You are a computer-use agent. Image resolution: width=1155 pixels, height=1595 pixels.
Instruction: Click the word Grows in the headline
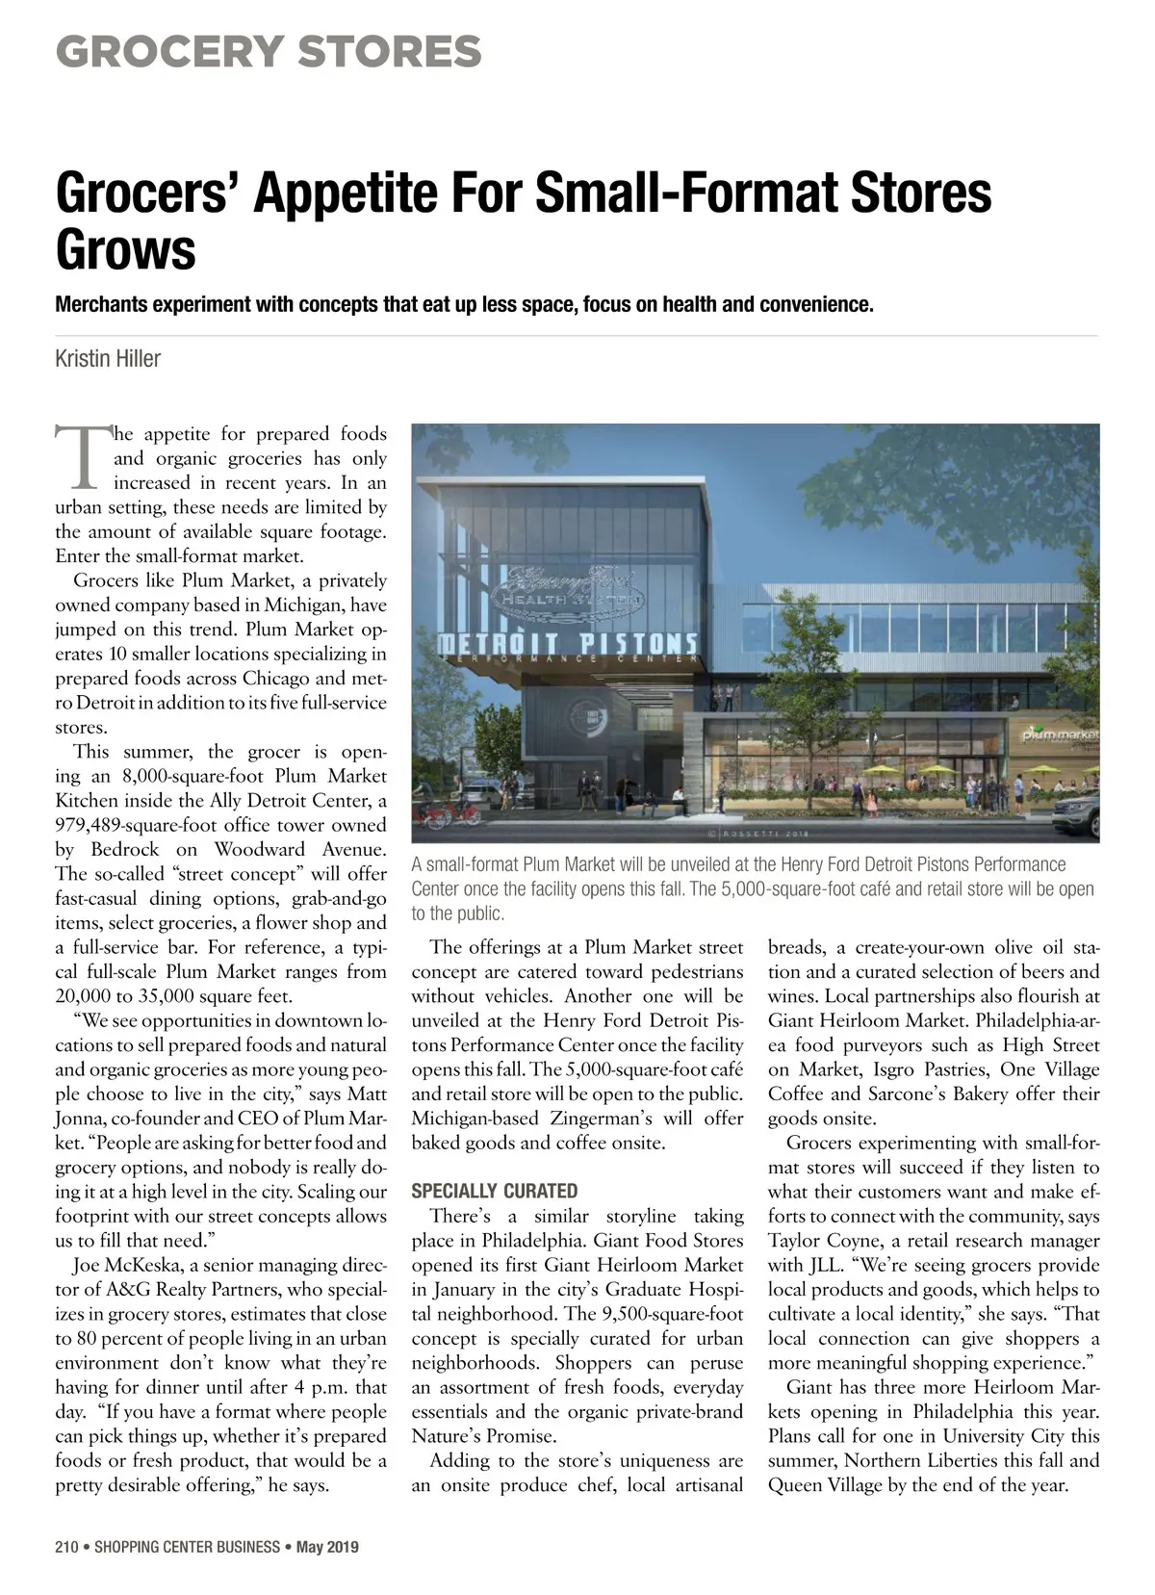point(126,249)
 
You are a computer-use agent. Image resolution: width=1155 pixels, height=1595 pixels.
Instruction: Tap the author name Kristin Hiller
point(108,359)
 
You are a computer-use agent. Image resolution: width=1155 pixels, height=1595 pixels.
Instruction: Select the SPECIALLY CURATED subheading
point(495,1191)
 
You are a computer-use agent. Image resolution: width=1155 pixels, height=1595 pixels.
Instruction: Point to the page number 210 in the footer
point(66,1547)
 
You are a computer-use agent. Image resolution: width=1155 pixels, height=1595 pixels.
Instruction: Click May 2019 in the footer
point(327,1547)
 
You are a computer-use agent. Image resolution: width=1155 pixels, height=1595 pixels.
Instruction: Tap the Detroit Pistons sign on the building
point(569,643)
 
